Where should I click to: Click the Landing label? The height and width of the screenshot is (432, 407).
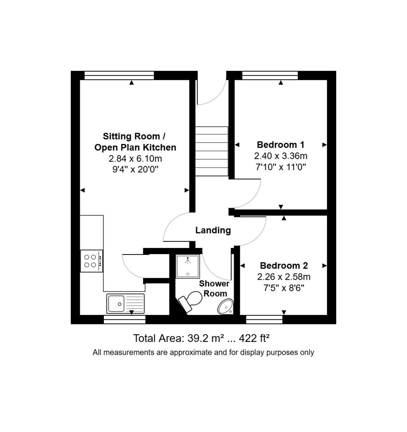tap(213, 230)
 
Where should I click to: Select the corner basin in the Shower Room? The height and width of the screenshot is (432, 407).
tap(225, 306)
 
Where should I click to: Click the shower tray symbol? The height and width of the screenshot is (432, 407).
tap(187, 266)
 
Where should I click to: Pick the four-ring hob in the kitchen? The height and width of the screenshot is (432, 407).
tap(91, 261)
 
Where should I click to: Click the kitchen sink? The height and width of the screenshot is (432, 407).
tap(125, 303)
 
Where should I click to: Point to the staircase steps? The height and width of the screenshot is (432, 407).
tap(212, 151)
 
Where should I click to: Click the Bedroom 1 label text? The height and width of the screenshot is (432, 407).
tap(280, 145)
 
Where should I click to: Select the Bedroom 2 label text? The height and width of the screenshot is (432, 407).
tap(284, 266)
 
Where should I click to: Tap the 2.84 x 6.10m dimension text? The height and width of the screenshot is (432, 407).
tap(135, 158)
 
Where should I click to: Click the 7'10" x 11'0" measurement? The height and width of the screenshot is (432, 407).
tap(280, 167)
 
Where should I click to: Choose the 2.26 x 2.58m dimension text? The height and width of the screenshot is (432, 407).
tap(284, 277)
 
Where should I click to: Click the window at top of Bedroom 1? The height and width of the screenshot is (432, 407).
tap(270, 75)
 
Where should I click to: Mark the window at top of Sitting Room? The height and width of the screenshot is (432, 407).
tap(119, 75)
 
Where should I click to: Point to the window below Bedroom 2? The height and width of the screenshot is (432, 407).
tap(264, 319)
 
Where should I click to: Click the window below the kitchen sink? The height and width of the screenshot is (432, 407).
tap(124, 319)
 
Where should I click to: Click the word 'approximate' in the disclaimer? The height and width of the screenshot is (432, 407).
tap(191, 352)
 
